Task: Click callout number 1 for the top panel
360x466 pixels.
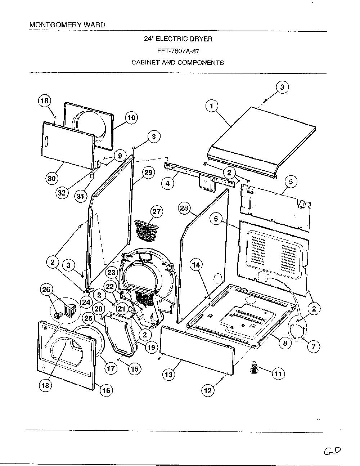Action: pos(212,106)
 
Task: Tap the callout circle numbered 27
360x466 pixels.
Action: pos(157,212)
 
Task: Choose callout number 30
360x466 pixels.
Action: pos(52,178)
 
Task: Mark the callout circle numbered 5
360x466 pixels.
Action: pos(291,182)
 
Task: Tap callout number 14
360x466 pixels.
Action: pos(196,265)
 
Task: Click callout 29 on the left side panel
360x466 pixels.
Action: pos(148,172)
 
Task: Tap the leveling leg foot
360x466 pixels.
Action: pos(254,367)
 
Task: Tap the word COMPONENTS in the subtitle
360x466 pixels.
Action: pos(201,63)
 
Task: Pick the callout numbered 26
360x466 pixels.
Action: pos(46,290)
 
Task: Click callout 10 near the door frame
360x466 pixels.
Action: pos(131,117)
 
